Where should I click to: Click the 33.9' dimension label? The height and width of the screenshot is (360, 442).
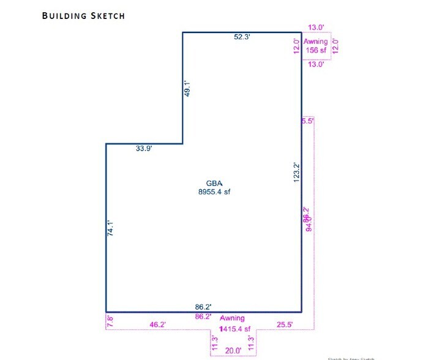click(144, 148)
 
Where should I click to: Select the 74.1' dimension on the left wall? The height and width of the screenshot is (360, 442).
click(111, 230)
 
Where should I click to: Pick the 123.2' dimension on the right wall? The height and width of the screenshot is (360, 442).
click(296, 173)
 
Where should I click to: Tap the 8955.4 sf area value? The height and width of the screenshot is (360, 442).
click(214, 191)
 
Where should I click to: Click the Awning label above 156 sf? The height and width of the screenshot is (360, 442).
click(316, 42)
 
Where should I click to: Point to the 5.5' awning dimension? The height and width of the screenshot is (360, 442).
click(307, 121)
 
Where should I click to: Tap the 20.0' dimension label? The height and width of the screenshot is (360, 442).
click(233, 350)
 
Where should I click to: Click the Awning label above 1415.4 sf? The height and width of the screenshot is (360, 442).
click(232, 318)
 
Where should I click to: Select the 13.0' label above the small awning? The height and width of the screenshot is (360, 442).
click(316, 28)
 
